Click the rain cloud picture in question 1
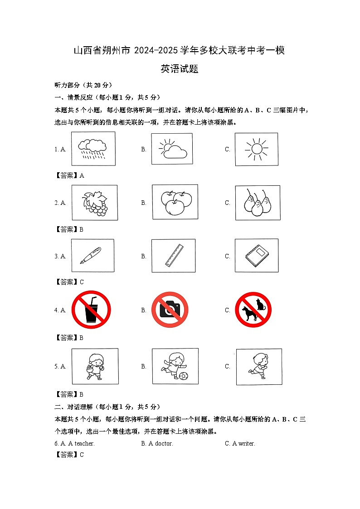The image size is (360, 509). pyautogui.click(x=93, y=149)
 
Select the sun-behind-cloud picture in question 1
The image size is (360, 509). pyautogui.click(x=172, y=149)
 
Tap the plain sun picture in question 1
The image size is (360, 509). pyautogui.click(x=256, y=149)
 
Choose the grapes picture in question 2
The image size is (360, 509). pyautogui.click(x=94, y=203)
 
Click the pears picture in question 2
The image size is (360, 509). pyautogui.click(x=257, y=203)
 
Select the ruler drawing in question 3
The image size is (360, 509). pyautogui.click(x=174, y=256)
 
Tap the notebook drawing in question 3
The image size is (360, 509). pyautogui.click(x=257, y=256)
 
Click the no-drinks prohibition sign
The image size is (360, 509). pyautogui.click(x=91, y=310)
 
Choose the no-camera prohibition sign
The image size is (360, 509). pyautogui.click(x=170, y=310)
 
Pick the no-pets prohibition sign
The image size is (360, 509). pyautogui.click(x=253, y=310)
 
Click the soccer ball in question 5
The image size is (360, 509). pyautogui.click(x=183, y=376)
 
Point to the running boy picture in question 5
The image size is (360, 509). pyautogui.click(x=258, y=366)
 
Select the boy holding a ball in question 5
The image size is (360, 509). pyautogui.click(x=95, y=366)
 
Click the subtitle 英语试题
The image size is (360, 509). pyautogui.click(x=180, y=69)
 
